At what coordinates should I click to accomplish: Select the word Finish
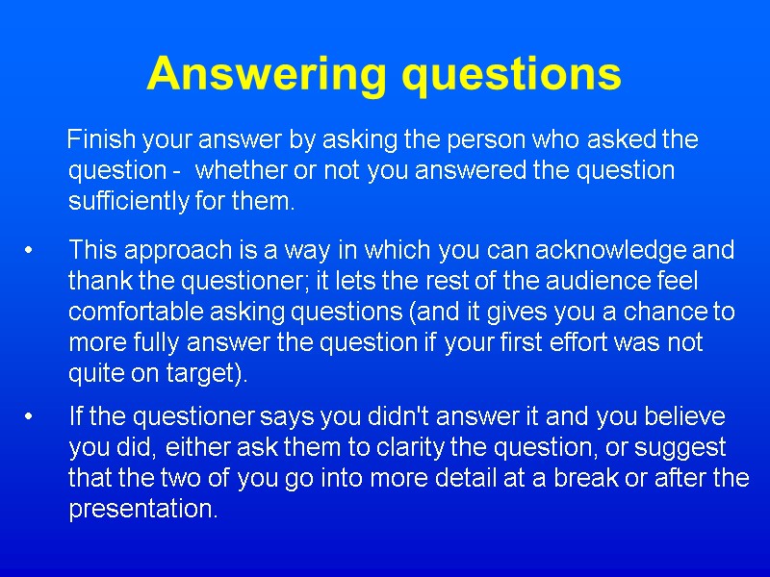(101, 139)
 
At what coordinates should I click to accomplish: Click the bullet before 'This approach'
(31, 251)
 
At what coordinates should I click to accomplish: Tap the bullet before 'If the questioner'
(31, 417)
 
